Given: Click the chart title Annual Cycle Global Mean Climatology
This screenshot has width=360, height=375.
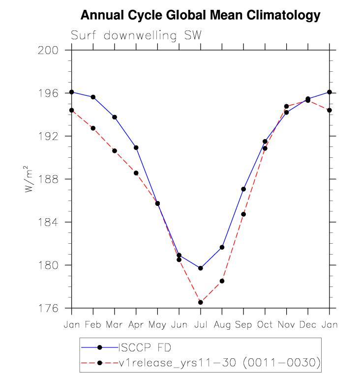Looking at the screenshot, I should [200, 15].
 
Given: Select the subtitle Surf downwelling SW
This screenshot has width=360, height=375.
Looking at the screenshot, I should [136, 36].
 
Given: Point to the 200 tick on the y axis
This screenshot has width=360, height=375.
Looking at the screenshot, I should [51, 50].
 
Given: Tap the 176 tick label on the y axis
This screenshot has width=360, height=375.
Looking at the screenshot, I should [51, 308].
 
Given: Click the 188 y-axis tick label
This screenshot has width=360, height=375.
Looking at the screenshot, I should [51, 179].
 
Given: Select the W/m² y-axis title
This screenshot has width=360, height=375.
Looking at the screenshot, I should [30, 179].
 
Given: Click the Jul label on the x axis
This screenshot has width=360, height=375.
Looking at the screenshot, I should [200, 324].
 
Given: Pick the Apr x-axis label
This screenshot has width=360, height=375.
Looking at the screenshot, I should [136, 324].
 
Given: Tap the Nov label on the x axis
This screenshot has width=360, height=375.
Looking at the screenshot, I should [286, 324].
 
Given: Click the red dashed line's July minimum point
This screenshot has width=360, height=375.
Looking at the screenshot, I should [201, 302].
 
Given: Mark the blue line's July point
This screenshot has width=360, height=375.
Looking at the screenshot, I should [201, 268].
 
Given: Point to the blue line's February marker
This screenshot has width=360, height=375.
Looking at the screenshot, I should [93, 97].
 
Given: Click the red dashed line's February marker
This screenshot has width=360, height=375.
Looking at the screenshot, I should [93, 128].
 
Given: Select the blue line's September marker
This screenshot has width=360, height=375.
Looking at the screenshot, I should [243, 189].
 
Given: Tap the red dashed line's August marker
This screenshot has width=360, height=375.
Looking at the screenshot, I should [222, 281].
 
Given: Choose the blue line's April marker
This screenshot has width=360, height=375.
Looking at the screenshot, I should [136, 147].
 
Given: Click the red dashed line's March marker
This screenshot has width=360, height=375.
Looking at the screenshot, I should [115, 150].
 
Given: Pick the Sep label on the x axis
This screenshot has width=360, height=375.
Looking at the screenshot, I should [243, 324].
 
